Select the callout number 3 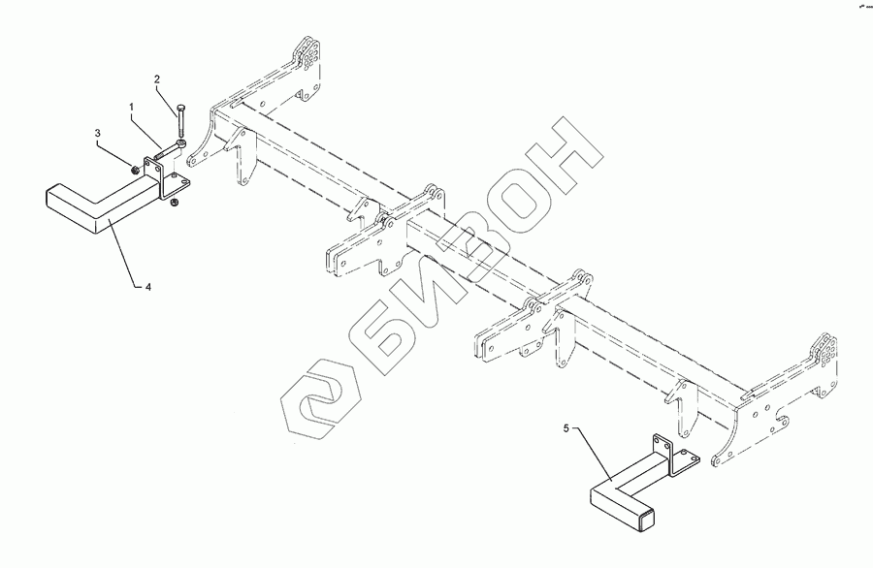pyautogui.click(x=97, y=130)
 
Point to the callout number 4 pyautogui.click(x=148, y=286)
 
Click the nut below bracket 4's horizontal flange pyautogui.click(x=173, y=202)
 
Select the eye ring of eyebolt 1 pyautogui.click(x=180, y=146)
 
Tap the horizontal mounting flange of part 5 pyautogui.click(x=683, y=462)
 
